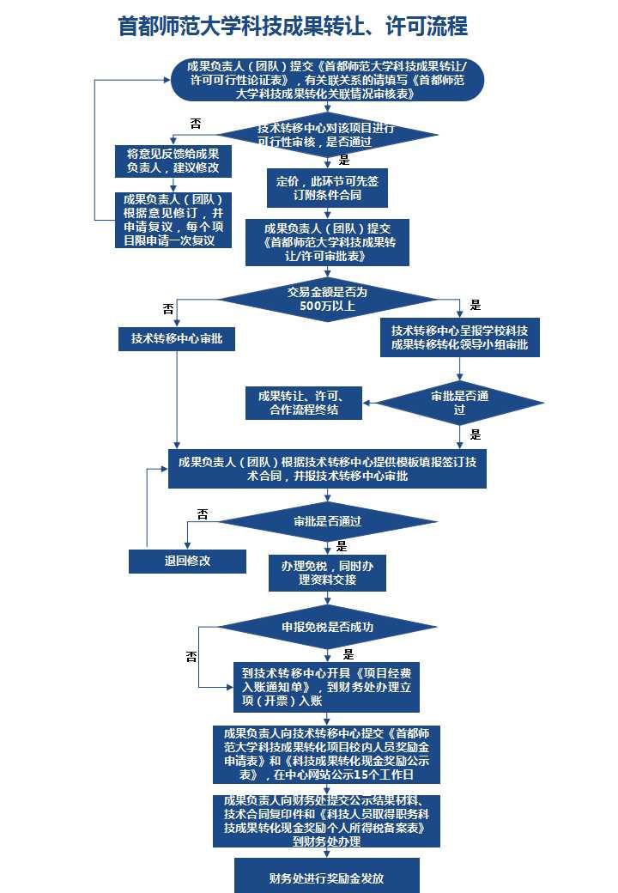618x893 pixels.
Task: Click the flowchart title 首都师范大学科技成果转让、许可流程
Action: [x=293, y=27]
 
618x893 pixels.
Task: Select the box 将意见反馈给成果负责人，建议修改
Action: [x=173, y=160]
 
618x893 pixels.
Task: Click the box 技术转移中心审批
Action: [x=177, y=339]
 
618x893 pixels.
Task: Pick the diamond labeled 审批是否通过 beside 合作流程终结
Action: [x=460, y=403]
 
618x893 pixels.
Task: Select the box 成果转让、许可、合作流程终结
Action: [x=303, y=403]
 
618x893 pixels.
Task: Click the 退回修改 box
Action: [x=187, y=561]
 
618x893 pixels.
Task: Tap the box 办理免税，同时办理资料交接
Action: [x=326, y=573]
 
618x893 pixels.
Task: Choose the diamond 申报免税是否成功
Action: [x=327, y=628]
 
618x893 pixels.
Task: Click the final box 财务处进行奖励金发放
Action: [x=326, y=878]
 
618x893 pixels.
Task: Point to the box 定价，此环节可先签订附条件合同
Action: [x=325, y=188]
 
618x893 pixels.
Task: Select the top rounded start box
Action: [x=326, y=79]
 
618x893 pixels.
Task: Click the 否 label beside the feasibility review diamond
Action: [x=196, y=124]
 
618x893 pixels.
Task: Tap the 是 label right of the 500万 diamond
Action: [x=476, y=305]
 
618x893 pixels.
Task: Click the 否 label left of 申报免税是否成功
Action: [x=191, y=657]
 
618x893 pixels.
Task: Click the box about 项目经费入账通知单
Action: [x=326, y=687]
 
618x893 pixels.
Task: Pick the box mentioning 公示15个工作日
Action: [x=326, y=754]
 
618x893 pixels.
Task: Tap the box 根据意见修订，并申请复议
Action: [x=173, y=220]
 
